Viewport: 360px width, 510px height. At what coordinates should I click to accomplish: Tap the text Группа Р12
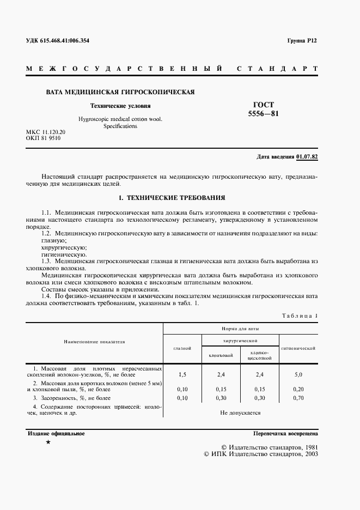[302, 41]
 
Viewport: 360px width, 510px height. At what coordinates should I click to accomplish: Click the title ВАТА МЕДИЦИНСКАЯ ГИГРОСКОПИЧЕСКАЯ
[120, 92]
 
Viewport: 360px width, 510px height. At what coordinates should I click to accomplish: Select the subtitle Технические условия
[120, 106]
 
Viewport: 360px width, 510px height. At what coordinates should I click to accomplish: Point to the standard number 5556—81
[264, 114]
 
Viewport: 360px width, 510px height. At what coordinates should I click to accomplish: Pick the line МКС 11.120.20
[46, 132]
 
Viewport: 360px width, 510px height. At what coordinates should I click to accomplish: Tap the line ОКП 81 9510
[44, 138]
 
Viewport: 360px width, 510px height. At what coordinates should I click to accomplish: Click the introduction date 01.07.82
[307, 157]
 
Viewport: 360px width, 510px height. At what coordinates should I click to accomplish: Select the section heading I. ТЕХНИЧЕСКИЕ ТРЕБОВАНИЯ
[172, 197]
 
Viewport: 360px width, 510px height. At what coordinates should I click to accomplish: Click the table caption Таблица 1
[300, 316]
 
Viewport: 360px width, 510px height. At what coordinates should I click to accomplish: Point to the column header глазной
[182, 348]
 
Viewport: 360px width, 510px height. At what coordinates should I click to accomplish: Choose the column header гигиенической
[298, 348]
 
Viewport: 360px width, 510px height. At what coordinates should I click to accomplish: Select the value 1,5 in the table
[182, 375]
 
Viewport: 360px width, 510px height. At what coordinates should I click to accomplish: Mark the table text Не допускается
[240, 412]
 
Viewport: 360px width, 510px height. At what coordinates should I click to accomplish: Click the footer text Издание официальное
[56, 434]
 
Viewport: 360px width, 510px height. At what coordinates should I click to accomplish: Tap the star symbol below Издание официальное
[48, 442]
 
